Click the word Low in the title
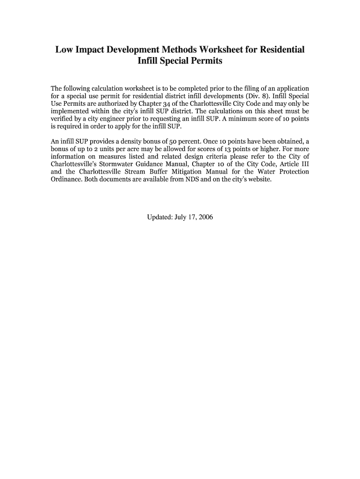pyautogui.click(x=65, y=49)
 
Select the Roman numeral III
pyautogui.click(x=303, y=164)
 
